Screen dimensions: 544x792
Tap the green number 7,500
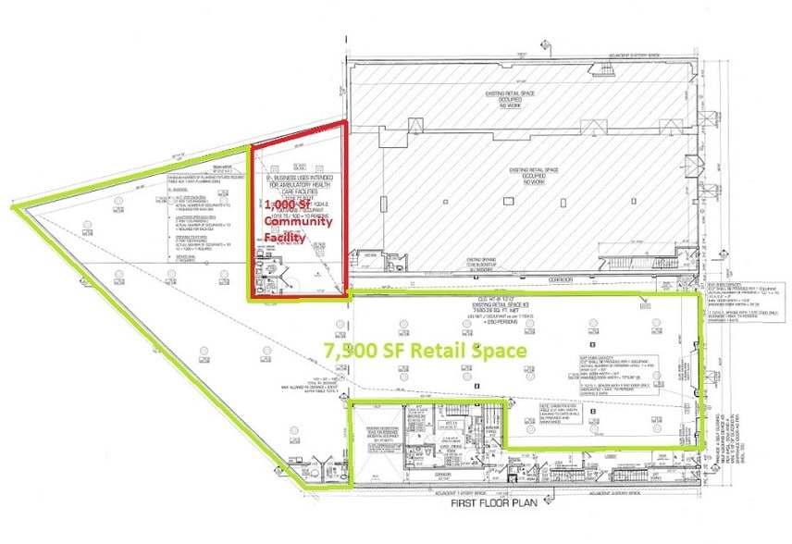click(x=354, y=351)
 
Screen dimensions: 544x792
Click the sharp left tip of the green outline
click(x=12, y=207)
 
